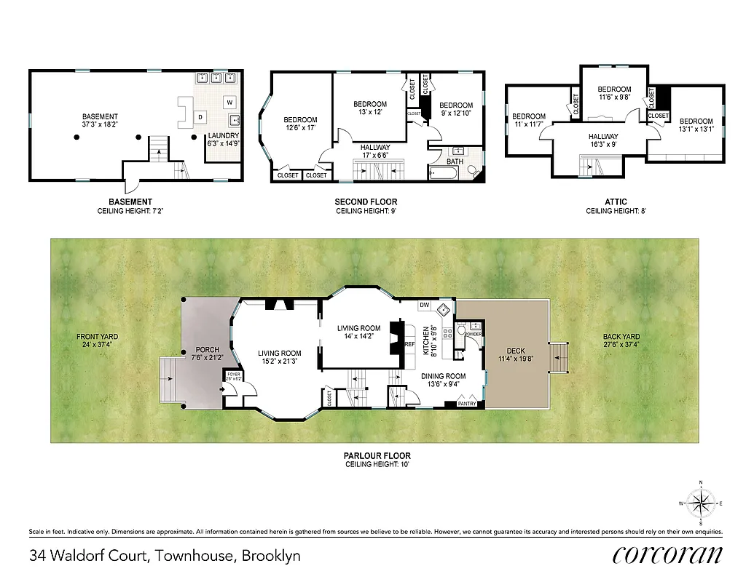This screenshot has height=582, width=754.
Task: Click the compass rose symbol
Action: click(x=701, y=503)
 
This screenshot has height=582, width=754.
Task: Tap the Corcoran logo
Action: click(x=668, y=555)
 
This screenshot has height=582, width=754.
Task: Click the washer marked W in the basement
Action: click(x=229, y=102)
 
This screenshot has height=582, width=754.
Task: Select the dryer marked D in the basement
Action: click(x=201, y=116)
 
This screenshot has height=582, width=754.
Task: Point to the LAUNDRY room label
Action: click(x=222, y=135)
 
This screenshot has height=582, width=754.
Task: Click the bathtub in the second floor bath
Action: click(x=444, y=173)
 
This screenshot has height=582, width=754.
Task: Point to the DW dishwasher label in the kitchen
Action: click(x=424, y=305)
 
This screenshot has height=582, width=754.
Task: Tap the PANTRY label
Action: click(x=467, y=403)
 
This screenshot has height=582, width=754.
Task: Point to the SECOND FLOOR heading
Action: click(x=366, y=202)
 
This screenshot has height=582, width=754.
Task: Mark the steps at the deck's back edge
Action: click(x=559, y=358)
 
